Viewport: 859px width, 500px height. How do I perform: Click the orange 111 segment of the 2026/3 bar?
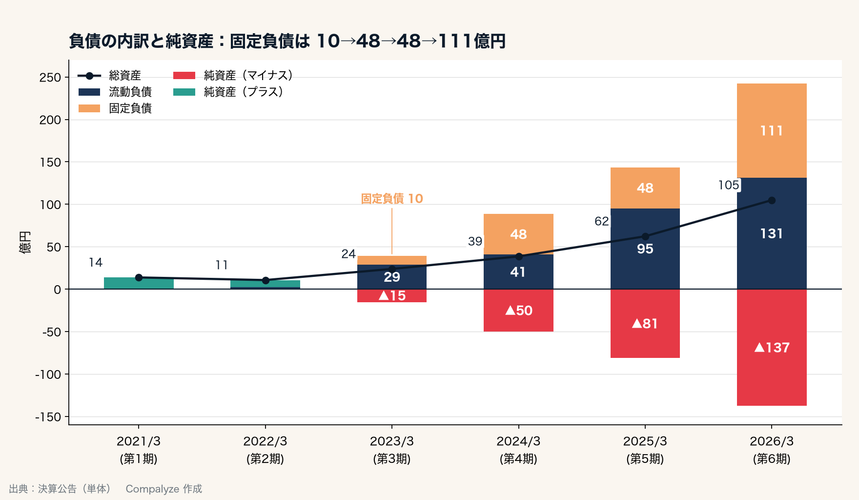coord(772,131)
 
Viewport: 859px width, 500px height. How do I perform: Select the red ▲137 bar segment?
coord(772,347)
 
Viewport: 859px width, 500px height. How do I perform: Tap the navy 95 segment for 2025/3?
coord(645,249)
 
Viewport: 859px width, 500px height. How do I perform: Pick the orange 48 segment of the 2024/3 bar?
coord(518,234)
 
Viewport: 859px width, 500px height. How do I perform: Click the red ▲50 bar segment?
coord(518,311)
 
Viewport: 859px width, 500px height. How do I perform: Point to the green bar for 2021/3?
coord(139,283)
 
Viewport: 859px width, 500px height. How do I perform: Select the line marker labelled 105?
coord(772,200)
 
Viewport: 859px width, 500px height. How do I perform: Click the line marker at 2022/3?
coord(266,280)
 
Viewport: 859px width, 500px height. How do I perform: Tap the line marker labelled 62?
coord(645,236)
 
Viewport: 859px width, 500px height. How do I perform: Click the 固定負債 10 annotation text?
coord(392,199)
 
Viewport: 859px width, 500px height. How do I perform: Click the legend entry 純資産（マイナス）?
coord(233,76)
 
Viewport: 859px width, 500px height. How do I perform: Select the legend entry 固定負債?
coord(115,108)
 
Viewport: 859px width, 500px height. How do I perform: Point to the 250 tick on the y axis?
coord(50,78)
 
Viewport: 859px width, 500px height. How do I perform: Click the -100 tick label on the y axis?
coord(48,375)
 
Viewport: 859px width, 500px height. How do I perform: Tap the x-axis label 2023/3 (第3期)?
coord(392,450)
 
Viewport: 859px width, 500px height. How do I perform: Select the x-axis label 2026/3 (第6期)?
coord(772,450)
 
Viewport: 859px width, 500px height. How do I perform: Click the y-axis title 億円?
coord(25,242)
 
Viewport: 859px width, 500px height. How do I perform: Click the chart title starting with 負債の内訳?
coord(287,41)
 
